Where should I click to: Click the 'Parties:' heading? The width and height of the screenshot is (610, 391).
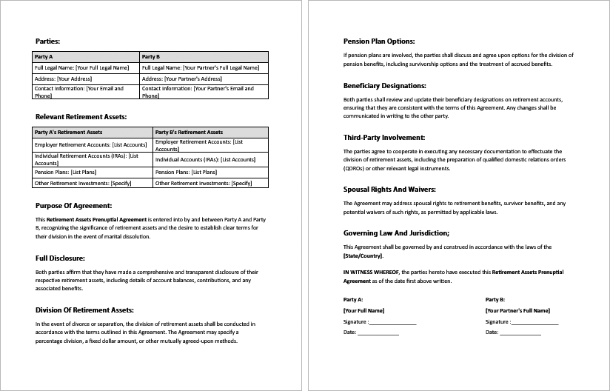[48, 41]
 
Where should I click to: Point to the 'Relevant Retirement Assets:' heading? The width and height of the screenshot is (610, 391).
[81, 116]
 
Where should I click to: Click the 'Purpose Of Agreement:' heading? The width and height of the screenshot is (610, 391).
[73, 205]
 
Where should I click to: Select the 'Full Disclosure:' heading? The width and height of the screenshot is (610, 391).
[61, 258]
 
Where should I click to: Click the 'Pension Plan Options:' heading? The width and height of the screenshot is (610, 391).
[379, 41]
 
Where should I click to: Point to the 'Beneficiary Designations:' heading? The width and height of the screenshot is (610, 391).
[384, 85]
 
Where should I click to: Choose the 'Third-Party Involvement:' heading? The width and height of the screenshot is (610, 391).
[383, 137]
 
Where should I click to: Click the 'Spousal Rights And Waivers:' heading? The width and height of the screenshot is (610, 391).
[389, 189]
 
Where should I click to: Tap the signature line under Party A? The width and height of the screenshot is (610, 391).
[392, 323]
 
